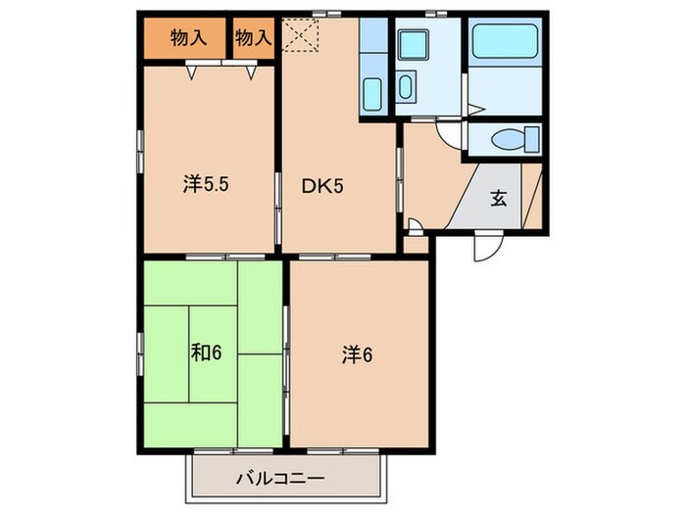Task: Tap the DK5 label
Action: point(321,183)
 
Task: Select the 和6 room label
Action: point(207,350)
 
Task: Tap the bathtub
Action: point(506,43)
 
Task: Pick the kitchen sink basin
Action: point(373,95)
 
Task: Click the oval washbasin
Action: point(406,87)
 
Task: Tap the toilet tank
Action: point(532,138)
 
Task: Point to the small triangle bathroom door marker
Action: point(472,109)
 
